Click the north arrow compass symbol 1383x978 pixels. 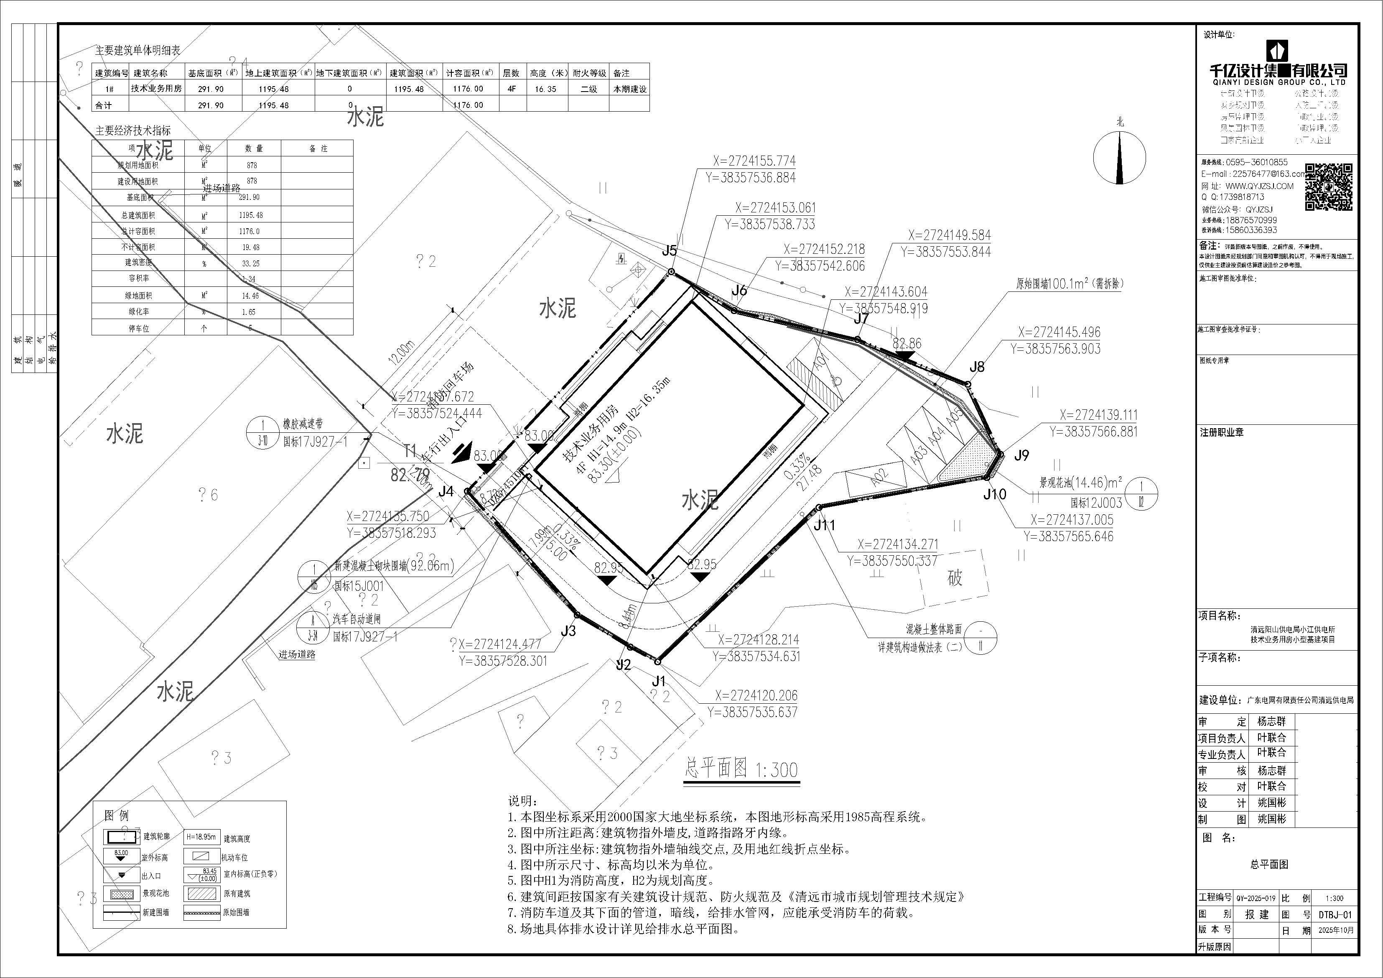click(x=1120, y=158)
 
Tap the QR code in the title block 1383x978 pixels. click(x=1329, y=187)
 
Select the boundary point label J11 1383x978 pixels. click(x=824, y=526)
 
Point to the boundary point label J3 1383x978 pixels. click(x=568, y=631)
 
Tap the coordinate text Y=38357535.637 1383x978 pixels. click(x=752, y=712)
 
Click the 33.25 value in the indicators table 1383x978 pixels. click(x=251, y=263)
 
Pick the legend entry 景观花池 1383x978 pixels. click(x=156, y=893)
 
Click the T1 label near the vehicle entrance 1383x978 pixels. click(x=410, y=451)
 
